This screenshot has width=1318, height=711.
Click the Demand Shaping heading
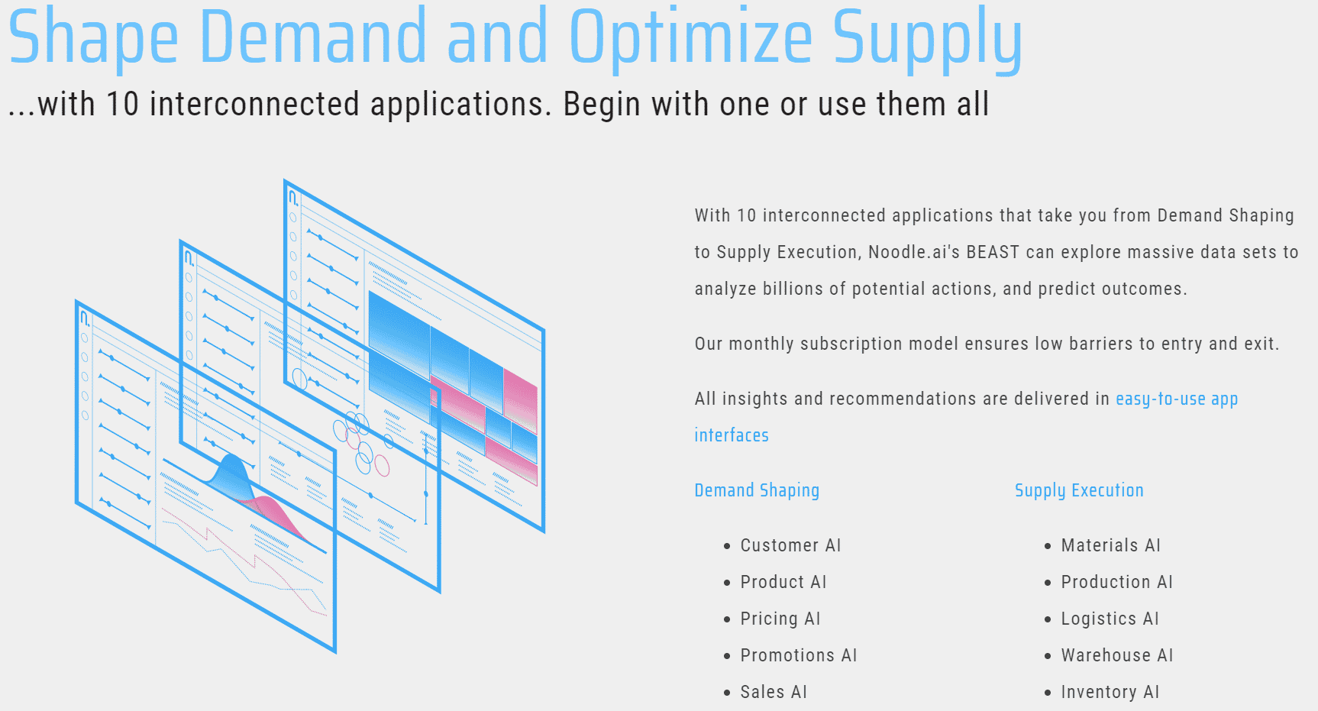757,490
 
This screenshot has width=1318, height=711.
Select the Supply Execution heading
1079,490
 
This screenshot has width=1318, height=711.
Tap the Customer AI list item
790,545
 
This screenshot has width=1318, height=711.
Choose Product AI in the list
783,582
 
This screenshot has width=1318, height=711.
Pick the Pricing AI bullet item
780,619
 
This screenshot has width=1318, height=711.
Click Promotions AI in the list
799,655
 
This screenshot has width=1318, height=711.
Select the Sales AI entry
774,692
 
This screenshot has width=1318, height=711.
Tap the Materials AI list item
1110,545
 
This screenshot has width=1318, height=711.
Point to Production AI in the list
1116,582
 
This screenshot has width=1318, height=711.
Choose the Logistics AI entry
1110,619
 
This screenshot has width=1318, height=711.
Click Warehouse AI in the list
1117,655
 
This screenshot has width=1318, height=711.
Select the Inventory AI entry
1110,692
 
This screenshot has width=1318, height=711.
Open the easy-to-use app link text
1177,399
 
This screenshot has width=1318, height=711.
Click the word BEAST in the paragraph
993,252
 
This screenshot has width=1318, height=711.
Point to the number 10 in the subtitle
122,105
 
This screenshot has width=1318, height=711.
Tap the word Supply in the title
927,38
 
